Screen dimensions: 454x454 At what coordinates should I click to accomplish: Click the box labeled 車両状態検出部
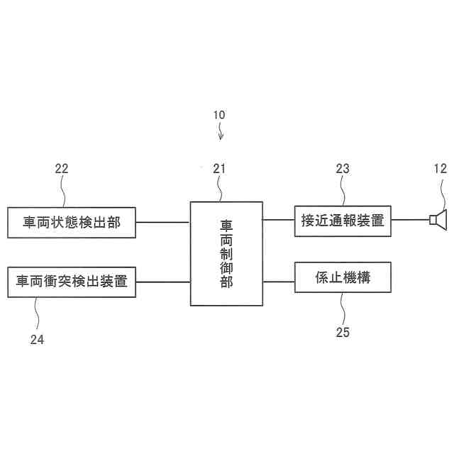coord(71,223)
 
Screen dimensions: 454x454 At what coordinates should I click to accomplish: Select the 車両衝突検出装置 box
coord(71,282)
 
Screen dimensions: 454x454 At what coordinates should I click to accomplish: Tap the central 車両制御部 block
coord(226,253)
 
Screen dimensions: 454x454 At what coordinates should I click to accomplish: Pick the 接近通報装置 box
coord(343,221)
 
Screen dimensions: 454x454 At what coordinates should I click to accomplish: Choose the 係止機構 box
coord(343,278)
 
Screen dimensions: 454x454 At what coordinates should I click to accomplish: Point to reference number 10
coord(219,114)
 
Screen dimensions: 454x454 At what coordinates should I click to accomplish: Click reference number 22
coord(62,168)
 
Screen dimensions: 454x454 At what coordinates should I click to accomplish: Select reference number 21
coord(218,168)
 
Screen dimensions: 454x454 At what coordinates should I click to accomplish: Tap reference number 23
coord(343,168)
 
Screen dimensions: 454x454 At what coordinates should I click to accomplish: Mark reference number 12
coord(440,168)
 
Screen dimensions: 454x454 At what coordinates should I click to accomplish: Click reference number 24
coord(37,340)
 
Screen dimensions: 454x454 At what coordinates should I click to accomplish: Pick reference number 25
coord(343,331)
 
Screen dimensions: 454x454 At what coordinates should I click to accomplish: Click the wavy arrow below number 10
coord(221,131)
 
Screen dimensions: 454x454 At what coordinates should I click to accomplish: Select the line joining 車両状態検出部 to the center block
coord(162,223)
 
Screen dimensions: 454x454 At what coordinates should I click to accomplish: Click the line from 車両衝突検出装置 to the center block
coord(162,282)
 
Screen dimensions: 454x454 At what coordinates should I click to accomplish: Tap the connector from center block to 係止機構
coord(279,282)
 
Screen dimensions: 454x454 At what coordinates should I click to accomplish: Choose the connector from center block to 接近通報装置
coord(279,220)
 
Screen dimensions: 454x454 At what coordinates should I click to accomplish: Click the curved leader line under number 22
coord(63,192)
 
